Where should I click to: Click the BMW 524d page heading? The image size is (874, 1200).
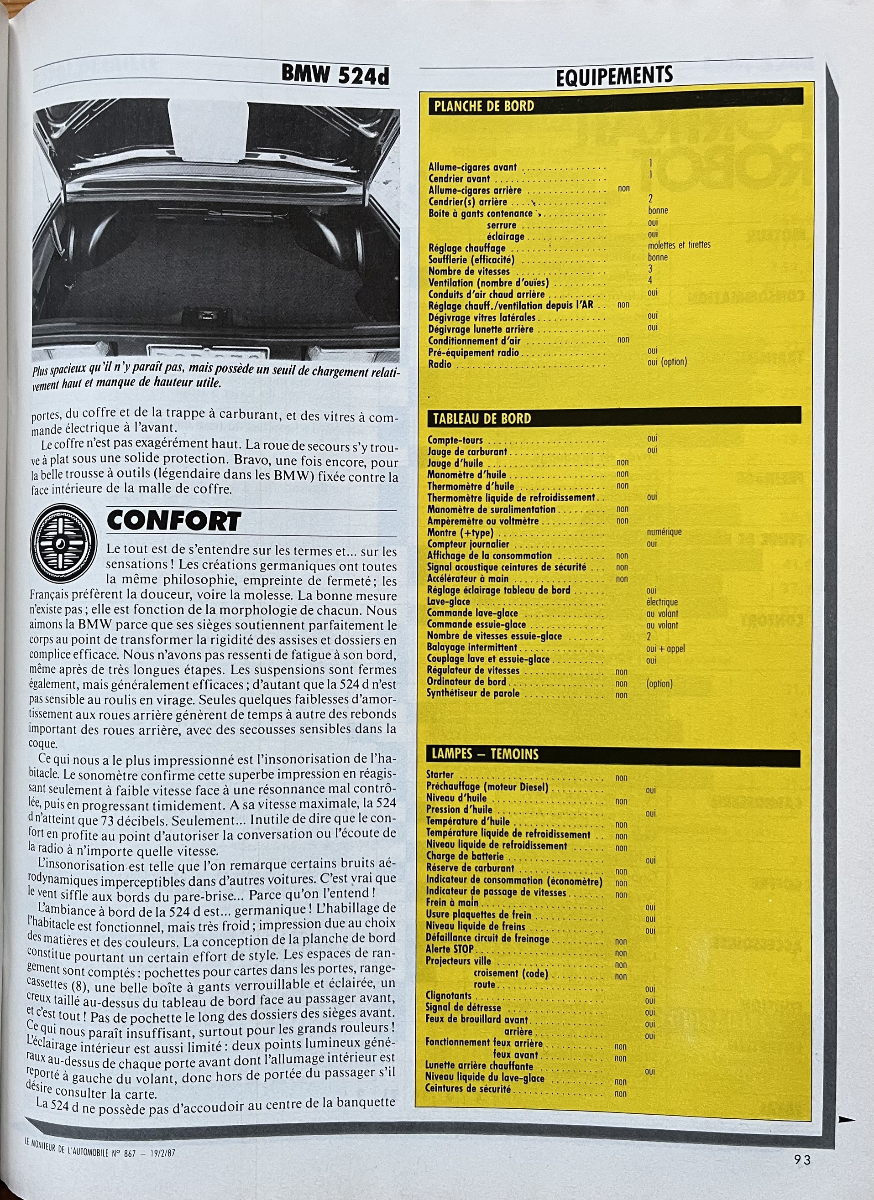(335, 75)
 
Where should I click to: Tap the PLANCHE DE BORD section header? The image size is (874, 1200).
(484, 106)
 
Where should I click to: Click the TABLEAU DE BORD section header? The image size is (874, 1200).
(482, 419)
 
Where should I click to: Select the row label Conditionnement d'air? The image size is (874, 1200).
(474, 341)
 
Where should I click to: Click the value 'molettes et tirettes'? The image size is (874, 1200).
(679, 245)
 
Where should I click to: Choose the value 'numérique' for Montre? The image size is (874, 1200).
(664, 532)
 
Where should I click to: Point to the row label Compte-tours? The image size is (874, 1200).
(455, 440)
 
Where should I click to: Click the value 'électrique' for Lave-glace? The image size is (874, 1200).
(662, 602)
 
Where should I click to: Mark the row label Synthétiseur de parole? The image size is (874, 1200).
(473, 693)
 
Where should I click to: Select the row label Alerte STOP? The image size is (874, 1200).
(450, 949)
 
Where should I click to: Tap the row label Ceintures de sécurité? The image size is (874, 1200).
(468, 1089)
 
